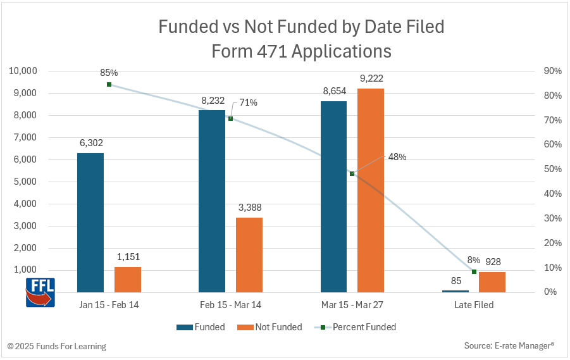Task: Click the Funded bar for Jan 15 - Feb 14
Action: [90, 222]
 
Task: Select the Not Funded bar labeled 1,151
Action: [128, 279]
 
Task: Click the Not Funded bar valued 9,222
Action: [371, 190]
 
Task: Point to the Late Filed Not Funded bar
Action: [492, 282]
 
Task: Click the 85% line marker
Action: [109, 84]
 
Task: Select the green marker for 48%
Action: [352, 173]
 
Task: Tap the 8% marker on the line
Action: [474, 271]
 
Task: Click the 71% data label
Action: [248, 102]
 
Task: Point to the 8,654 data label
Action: [334, 91]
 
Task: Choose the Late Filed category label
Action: [474, 305]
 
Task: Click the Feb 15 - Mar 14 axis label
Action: [230, 305]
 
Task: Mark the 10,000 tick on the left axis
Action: [23, 71]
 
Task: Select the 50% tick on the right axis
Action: [551, 169]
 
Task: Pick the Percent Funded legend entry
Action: [357, 327]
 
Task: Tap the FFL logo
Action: [40, 292]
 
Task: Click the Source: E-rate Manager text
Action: [509, 346]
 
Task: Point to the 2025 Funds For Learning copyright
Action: [57, 346]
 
